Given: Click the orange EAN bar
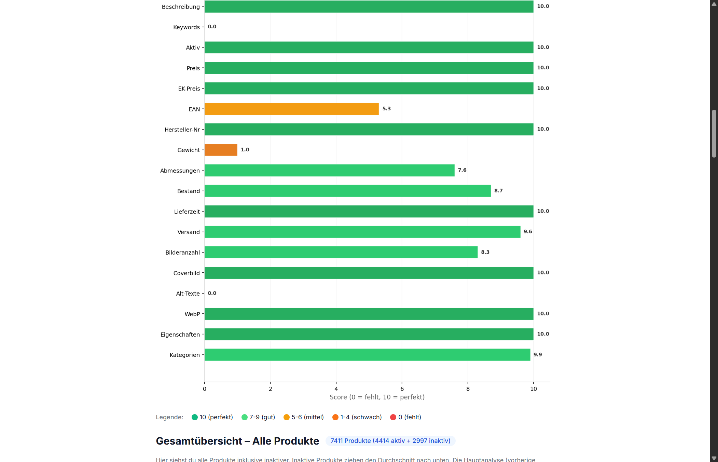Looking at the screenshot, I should [x=291, y=109].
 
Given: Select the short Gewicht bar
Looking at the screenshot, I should [x=221, y=150].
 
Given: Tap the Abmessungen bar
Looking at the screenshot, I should [x=329, y=171].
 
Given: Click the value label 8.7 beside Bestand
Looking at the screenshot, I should [x=498, y=191].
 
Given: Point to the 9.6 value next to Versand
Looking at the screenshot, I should [x=528, y=232].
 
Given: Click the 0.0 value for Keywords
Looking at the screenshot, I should [x=212, y=27].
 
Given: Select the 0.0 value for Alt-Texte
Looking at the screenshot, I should [x=212, y=293].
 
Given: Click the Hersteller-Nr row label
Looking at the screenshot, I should [x=182, y=130].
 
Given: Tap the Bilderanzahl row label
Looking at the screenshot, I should [x=182, y=253].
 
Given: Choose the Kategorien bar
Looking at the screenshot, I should [x=367, y=355].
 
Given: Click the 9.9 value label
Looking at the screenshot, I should [x=538, y=355].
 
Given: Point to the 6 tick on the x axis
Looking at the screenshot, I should [x=402, y=389].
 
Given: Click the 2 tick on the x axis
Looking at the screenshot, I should [x=270, y=389].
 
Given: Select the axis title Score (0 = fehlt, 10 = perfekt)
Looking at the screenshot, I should [x=377, y=397].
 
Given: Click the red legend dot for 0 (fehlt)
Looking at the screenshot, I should [x=393, y=417].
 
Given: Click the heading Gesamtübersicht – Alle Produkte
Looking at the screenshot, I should [x=237, y=441].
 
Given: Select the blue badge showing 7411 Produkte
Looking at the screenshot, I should [x=390, y=441].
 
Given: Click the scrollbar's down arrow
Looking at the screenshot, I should [x=714, y=458].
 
